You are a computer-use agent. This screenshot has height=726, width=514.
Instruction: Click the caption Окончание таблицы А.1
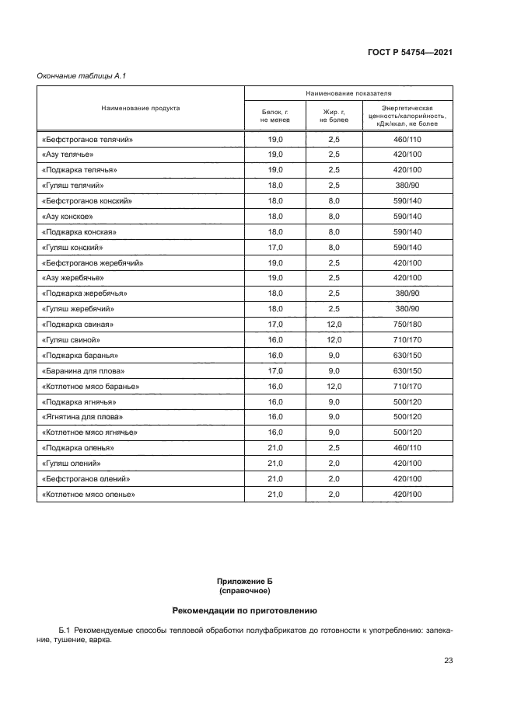point(82,75)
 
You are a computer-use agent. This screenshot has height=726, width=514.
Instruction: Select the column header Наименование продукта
point(141,108)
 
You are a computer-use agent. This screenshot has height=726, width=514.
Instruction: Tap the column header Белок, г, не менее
point(275,117)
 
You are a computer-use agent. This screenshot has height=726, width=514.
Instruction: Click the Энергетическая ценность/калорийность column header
point(407,116)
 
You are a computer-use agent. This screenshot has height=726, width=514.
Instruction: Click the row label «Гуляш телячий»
point(72,186)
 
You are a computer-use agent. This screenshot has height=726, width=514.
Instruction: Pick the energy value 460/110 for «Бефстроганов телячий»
point(407,140)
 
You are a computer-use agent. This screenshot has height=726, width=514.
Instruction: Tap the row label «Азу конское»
point(68,216)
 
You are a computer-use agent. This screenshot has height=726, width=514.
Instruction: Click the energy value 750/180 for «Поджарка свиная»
point(407,324)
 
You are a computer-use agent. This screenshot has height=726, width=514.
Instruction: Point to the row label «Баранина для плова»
point(82,370)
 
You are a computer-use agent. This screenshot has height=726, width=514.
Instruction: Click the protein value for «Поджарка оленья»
point(275,447)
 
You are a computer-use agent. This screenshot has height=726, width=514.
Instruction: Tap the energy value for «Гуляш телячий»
point(407,186)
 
